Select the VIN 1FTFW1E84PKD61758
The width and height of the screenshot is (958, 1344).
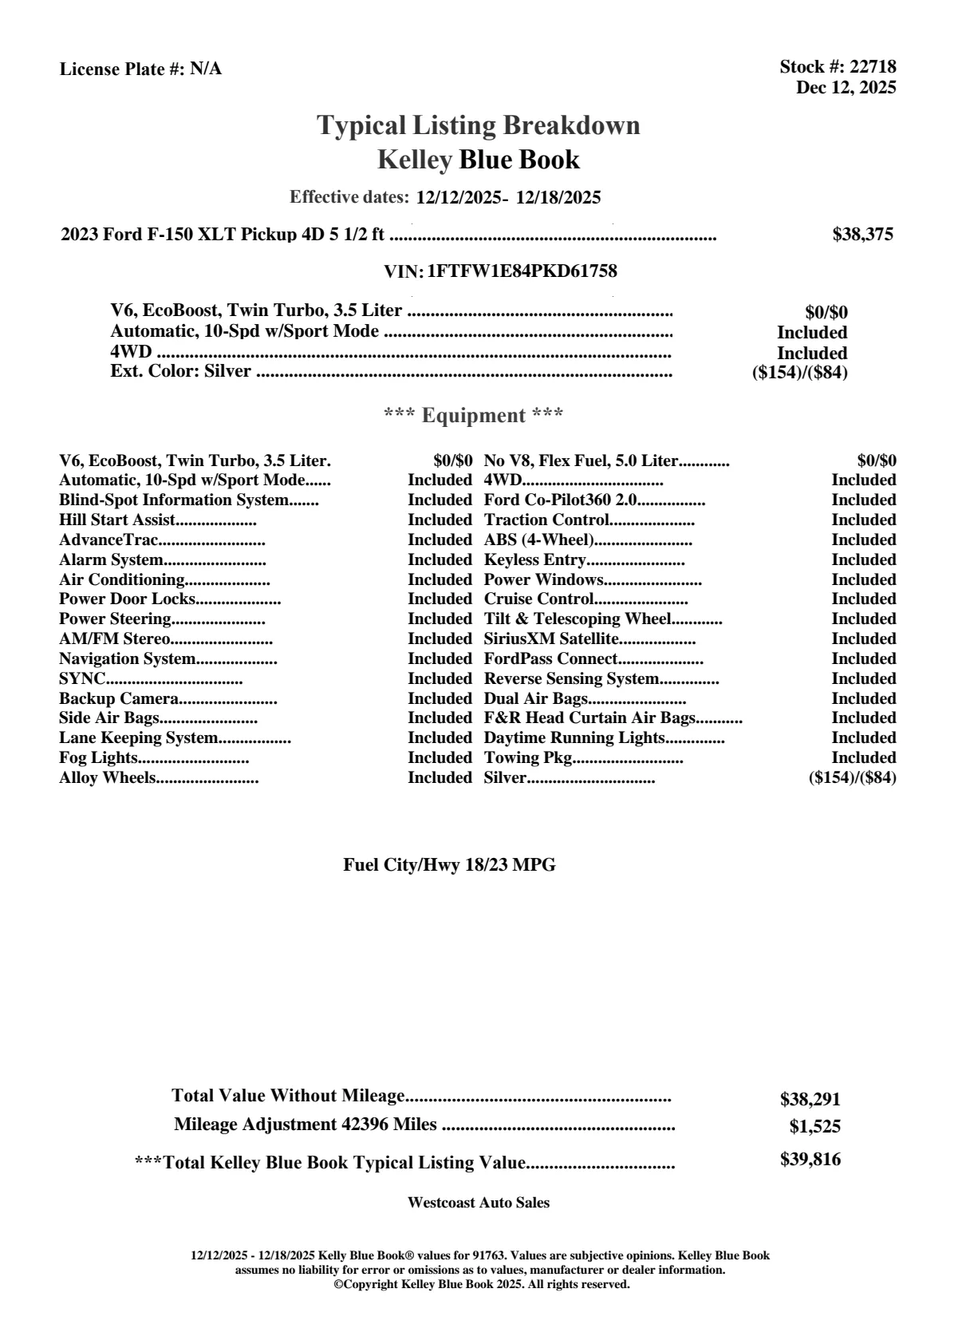tap(522, 271)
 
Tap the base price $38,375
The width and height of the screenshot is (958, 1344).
tap(862, 234)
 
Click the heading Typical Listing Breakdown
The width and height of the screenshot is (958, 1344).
tap(479, 125)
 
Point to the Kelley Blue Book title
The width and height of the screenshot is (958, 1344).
tap(479, 160)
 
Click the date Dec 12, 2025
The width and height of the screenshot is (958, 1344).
tap(846, 87)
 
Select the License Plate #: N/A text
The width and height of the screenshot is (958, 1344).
tap(140, 69)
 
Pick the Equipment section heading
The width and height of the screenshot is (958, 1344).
tap(474, 415)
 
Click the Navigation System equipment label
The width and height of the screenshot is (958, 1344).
tap(128, 658)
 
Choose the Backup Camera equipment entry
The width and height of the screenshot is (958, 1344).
tap(119, 698)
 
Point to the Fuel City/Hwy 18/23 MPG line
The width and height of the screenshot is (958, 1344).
tap(449, 864)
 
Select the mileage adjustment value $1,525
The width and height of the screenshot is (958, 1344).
tap(814, 1127)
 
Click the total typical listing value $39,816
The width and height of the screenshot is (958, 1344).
tap(810, 1160)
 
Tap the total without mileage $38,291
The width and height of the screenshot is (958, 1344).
tap(810, 1099)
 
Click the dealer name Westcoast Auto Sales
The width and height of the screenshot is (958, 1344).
tap(478, 1203)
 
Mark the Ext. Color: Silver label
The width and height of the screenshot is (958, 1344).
tap(180, 371)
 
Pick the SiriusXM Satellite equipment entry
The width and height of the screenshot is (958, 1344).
tap(551, 638)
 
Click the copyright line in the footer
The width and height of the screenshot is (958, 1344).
tap(481, 1284)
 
